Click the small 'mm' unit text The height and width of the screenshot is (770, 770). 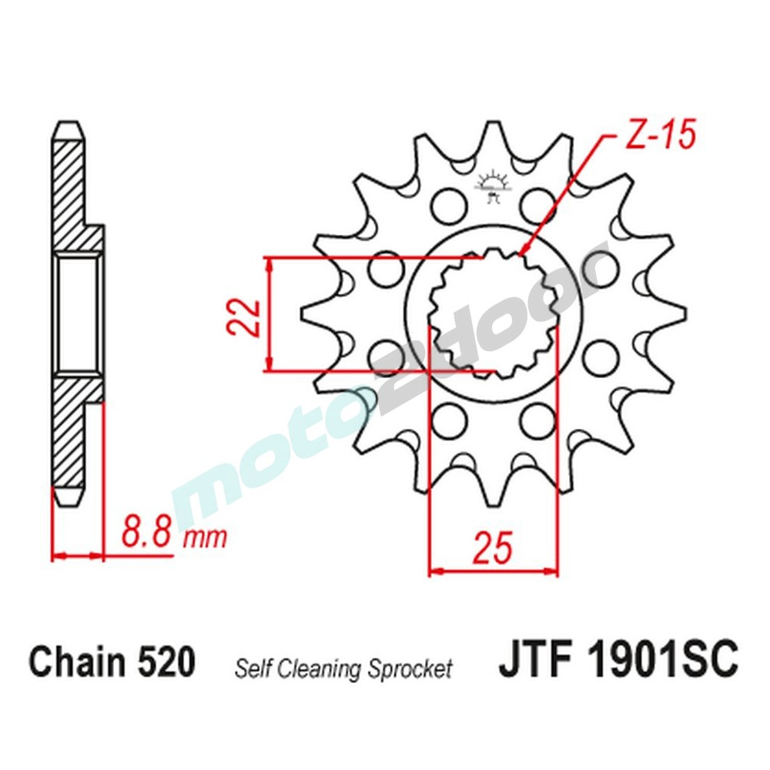coord(205,537)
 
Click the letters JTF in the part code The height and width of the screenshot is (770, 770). coord(534,662)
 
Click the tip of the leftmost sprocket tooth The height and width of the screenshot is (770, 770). coord(303,315)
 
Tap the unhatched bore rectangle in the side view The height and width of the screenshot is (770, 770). coord(77,315)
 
